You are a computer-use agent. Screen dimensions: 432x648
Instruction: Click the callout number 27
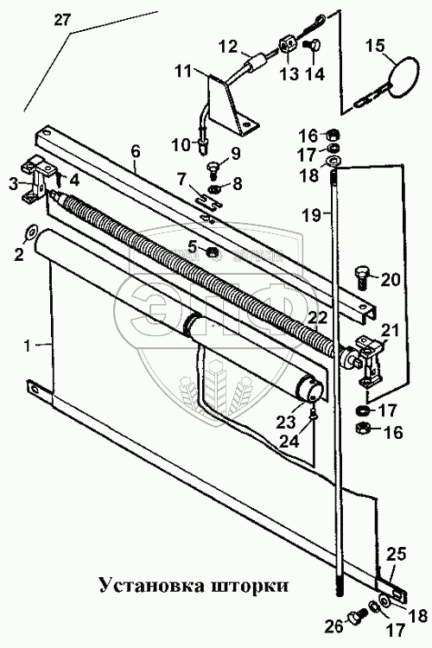[x=62, y=19]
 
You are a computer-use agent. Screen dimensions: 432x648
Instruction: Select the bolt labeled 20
[x=361, y=276]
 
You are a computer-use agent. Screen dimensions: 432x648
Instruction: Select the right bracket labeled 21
[x=371, y=358]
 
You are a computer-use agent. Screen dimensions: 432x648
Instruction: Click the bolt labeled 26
[x=357, y=622]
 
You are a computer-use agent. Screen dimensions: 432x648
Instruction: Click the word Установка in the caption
[x=150, y=585]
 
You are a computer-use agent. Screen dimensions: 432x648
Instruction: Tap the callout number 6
[x=136, y=152]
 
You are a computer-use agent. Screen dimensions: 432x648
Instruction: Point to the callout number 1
[x=28, y=346]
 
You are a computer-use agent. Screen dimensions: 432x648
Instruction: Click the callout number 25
[x=397, y=555]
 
